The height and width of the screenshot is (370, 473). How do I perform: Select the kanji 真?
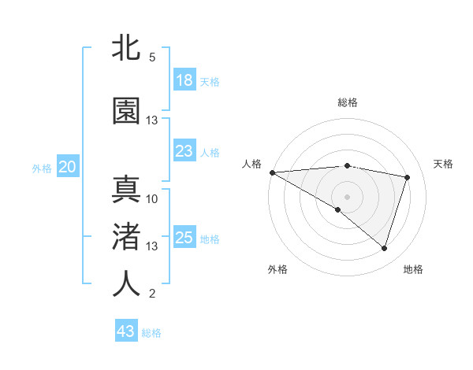point(126,189)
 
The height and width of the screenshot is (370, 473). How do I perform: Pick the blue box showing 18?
point(184,80)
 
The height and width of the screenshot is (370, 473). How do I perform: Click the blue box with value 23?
point(184,150)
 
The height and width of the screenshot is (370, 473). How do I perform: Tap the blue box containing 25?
point(184,238)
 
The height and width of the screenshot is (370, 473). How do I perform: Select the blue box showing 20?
point(68,167)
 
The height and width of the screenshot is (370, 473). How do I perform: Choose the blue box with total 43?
point(126,331)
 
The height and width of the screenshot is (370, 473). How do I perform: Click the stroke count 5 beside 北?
point(152,57)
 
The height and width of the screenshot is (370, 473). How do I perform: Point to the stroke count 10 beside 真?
point(152,198)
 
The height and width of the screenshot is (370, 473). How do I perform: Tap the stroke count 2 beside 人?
point(152,294)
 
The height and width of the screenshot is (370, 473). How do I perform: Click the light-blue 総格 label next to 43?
point(152,333)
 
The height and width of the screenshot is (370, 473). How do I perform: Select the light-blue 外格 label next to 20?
point(41,168)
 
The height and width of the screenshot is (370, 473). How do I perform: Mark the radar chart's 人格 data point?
point(272,172)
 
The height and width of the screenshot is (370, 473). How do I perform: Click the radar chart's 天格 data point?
point(408,177)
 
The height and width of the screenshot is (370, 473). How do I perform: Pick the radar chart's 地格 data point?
point(384,249)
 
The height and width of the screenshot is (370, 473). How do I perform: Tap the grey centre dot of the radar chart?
point(347,195)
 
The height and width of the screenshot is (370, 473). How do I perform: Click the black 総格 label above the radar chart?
point(347,102)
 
